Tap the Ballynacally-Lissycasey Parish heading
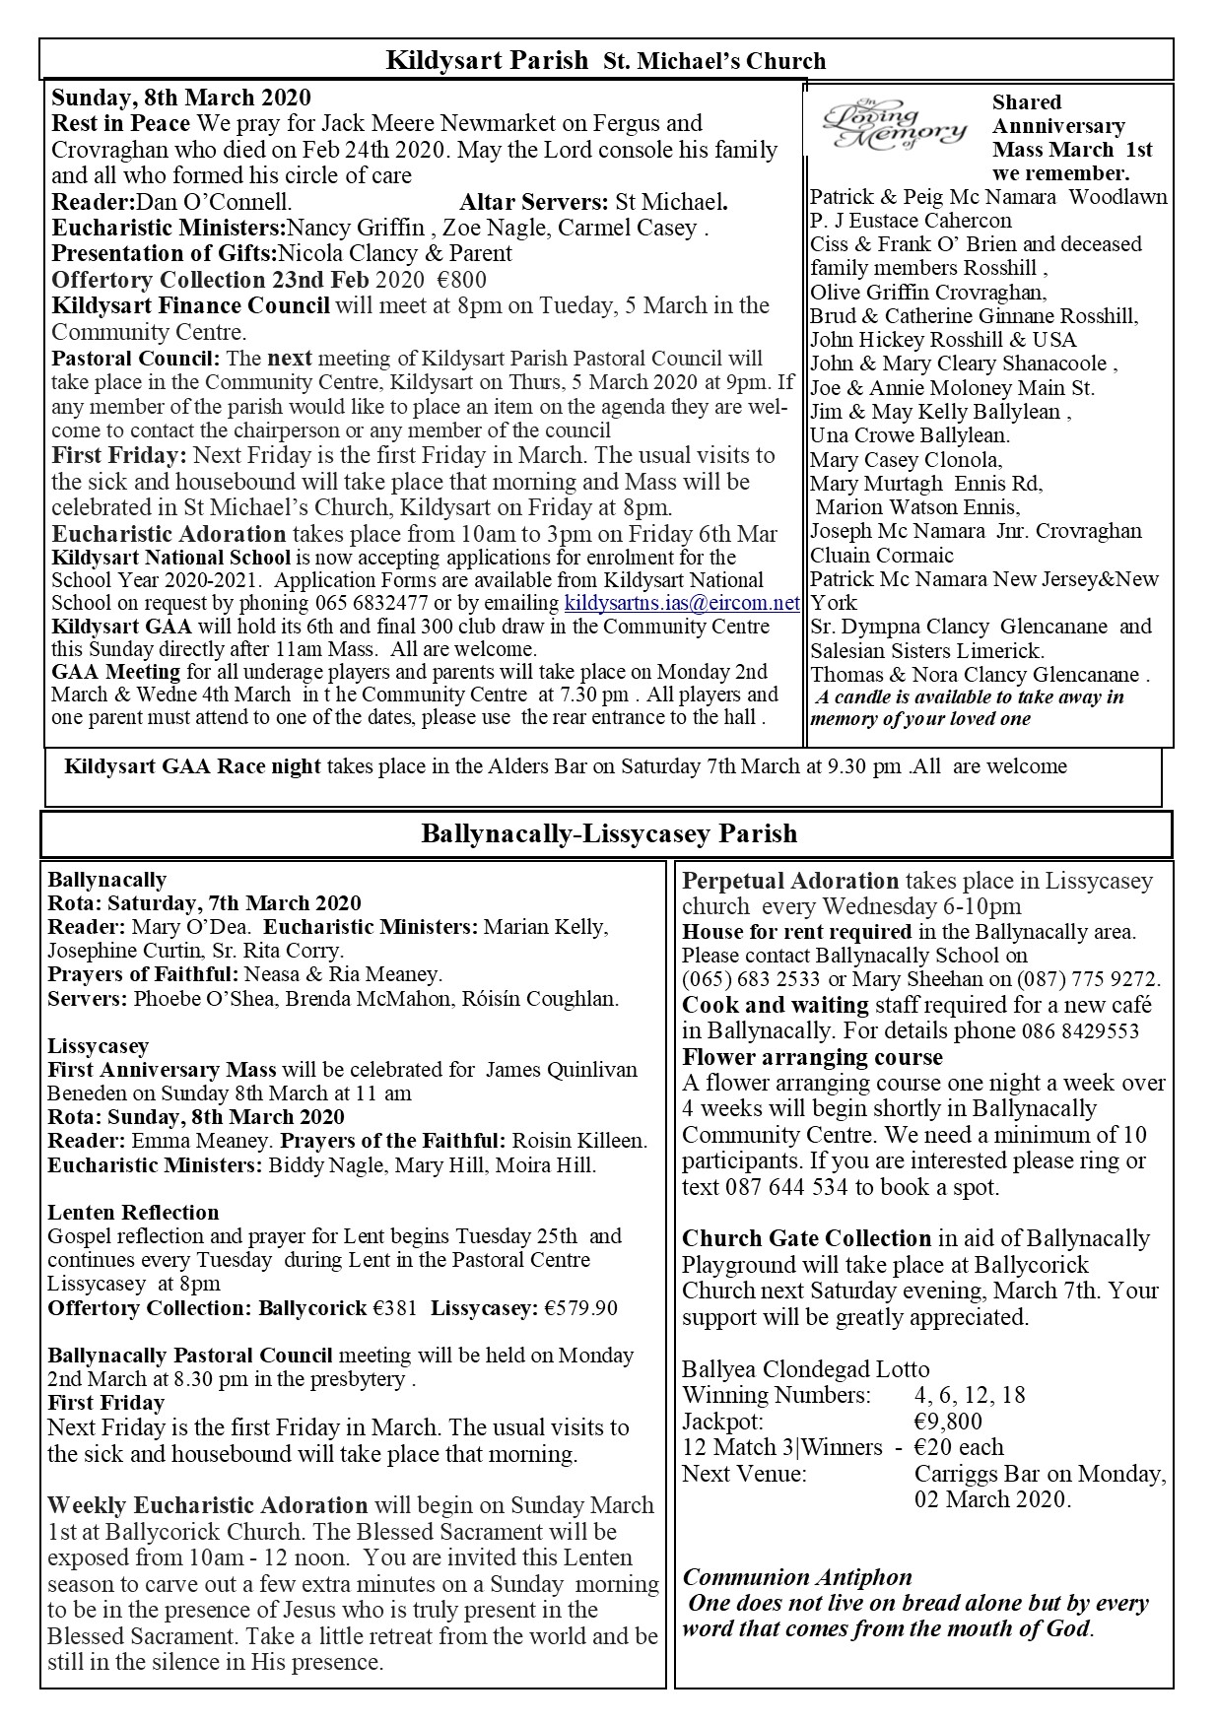pyautogui.click(x=608, y=834)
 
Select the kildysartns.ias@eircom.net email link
pyautogui.click(x=681, y=603)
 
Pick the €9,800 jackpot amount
pyautogui.click(x=947, y=1422)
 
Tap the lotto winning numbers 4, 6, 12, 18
pyautogui.click(x=970, y=1395)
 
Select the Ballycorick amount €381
pyautogui.click(x=397, y=1308)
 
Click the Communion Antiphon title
pyautogui.click(x=796, y=1577)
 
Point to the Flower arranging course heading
pyautogui.click(x=812, y=1057)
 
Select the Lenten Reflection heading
pyautogui.click(x=133, y=1213)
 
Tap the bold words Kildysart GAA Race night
pyautogui.click(x=192, y=766)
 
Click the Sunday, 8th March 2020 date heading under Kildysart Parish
pyautogui.click(x=180, y=98)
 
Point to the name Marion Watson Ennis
pyautogui.click(x=917, y=507)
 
